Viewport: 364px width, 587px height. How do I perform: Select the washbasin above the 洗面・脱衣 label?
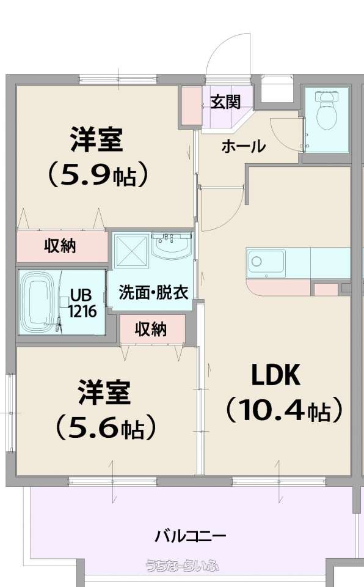pos(172,246)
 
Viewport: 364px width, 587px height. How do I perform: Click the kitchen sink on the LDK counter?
pos(266,263)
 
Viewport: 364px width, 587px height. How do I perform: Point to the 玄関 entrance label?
pos(225,102)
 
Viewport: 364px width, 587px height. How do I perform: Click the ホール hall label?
pos(244,146)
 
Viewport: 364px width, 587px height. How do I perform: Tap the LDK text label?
pos(276,375)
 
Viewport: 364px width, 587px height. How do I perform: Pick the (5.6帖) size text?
pos(105,427)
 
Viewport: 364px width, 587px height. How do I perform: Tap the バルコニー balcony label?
pos(191,536)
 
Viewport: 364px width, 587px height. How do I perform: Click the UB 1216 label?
pos(82,303)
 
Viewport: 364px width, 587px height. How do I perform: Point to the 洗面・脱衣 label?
pos(153,292)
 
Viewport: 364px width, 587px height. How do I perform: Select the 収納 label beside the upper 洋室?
pos(60,246)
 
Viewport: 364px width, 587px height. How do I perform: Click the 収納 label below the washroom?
pos(151,330)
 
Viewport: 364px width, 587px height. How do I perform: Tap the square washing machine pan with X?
pos(131,251)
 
